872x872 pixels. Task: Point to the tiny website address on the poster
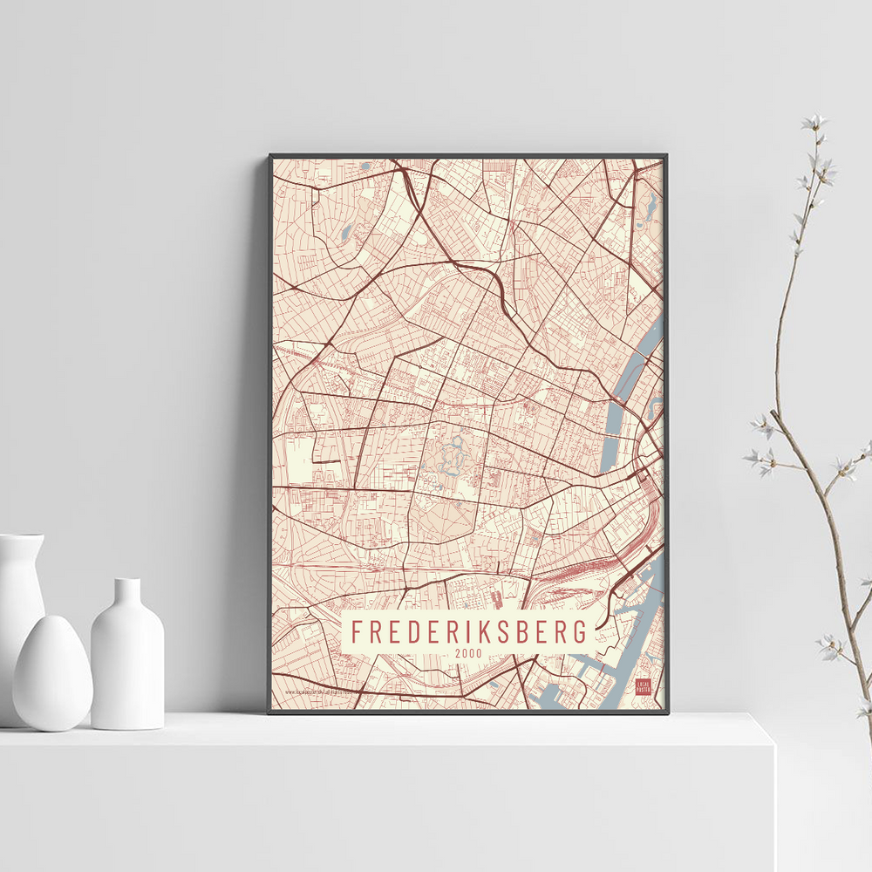[x=323, y=694]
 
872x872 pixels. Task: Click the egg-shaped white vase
[x=51, y=672]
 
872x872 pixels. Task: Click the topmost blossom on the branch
[x=816, y=122]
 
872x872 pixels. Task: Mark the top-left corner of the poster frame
[x=271, y=157]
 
